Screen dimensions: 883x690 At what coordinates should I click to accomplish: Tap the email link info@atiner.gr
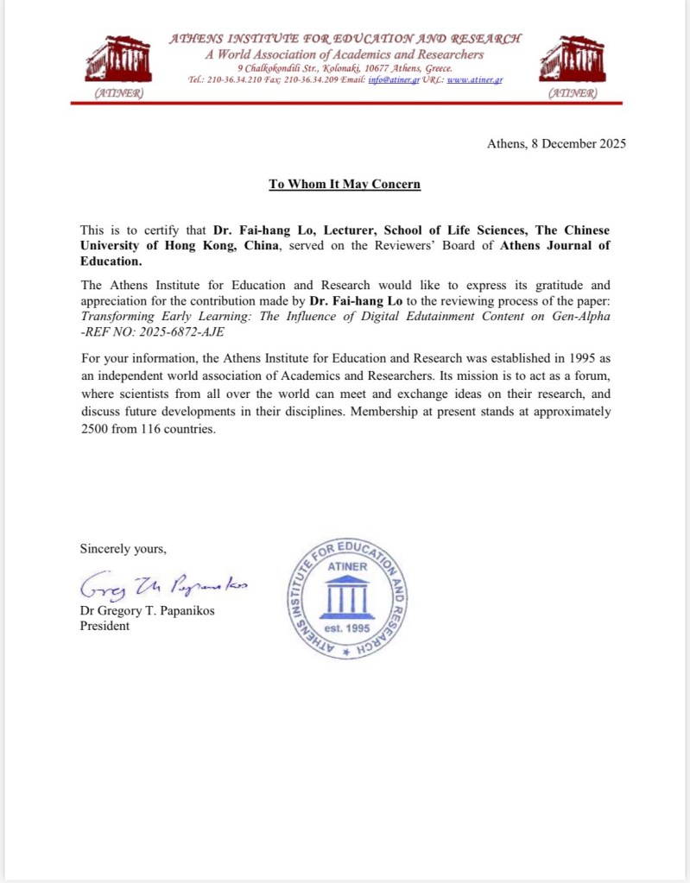[x=393, y=79]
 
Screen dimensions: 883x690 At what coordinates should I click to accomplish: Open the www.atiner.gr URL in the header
[x=475, y=79]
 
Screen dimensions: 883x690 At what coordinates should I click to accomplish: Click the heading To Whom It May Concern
[x=345, y=184]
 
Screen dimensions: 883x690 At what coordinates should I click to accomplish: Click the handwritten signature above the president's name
[x=163, y=586]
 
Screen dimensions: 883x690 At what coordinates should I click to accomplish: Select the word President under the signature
[x=104, y=626]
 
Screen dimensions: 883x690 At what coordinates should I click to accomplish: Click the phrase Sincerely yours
[x=123, y=548]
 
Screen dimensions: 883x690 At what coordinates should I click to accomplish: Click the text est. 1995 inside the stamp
[x=346, y=628]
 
